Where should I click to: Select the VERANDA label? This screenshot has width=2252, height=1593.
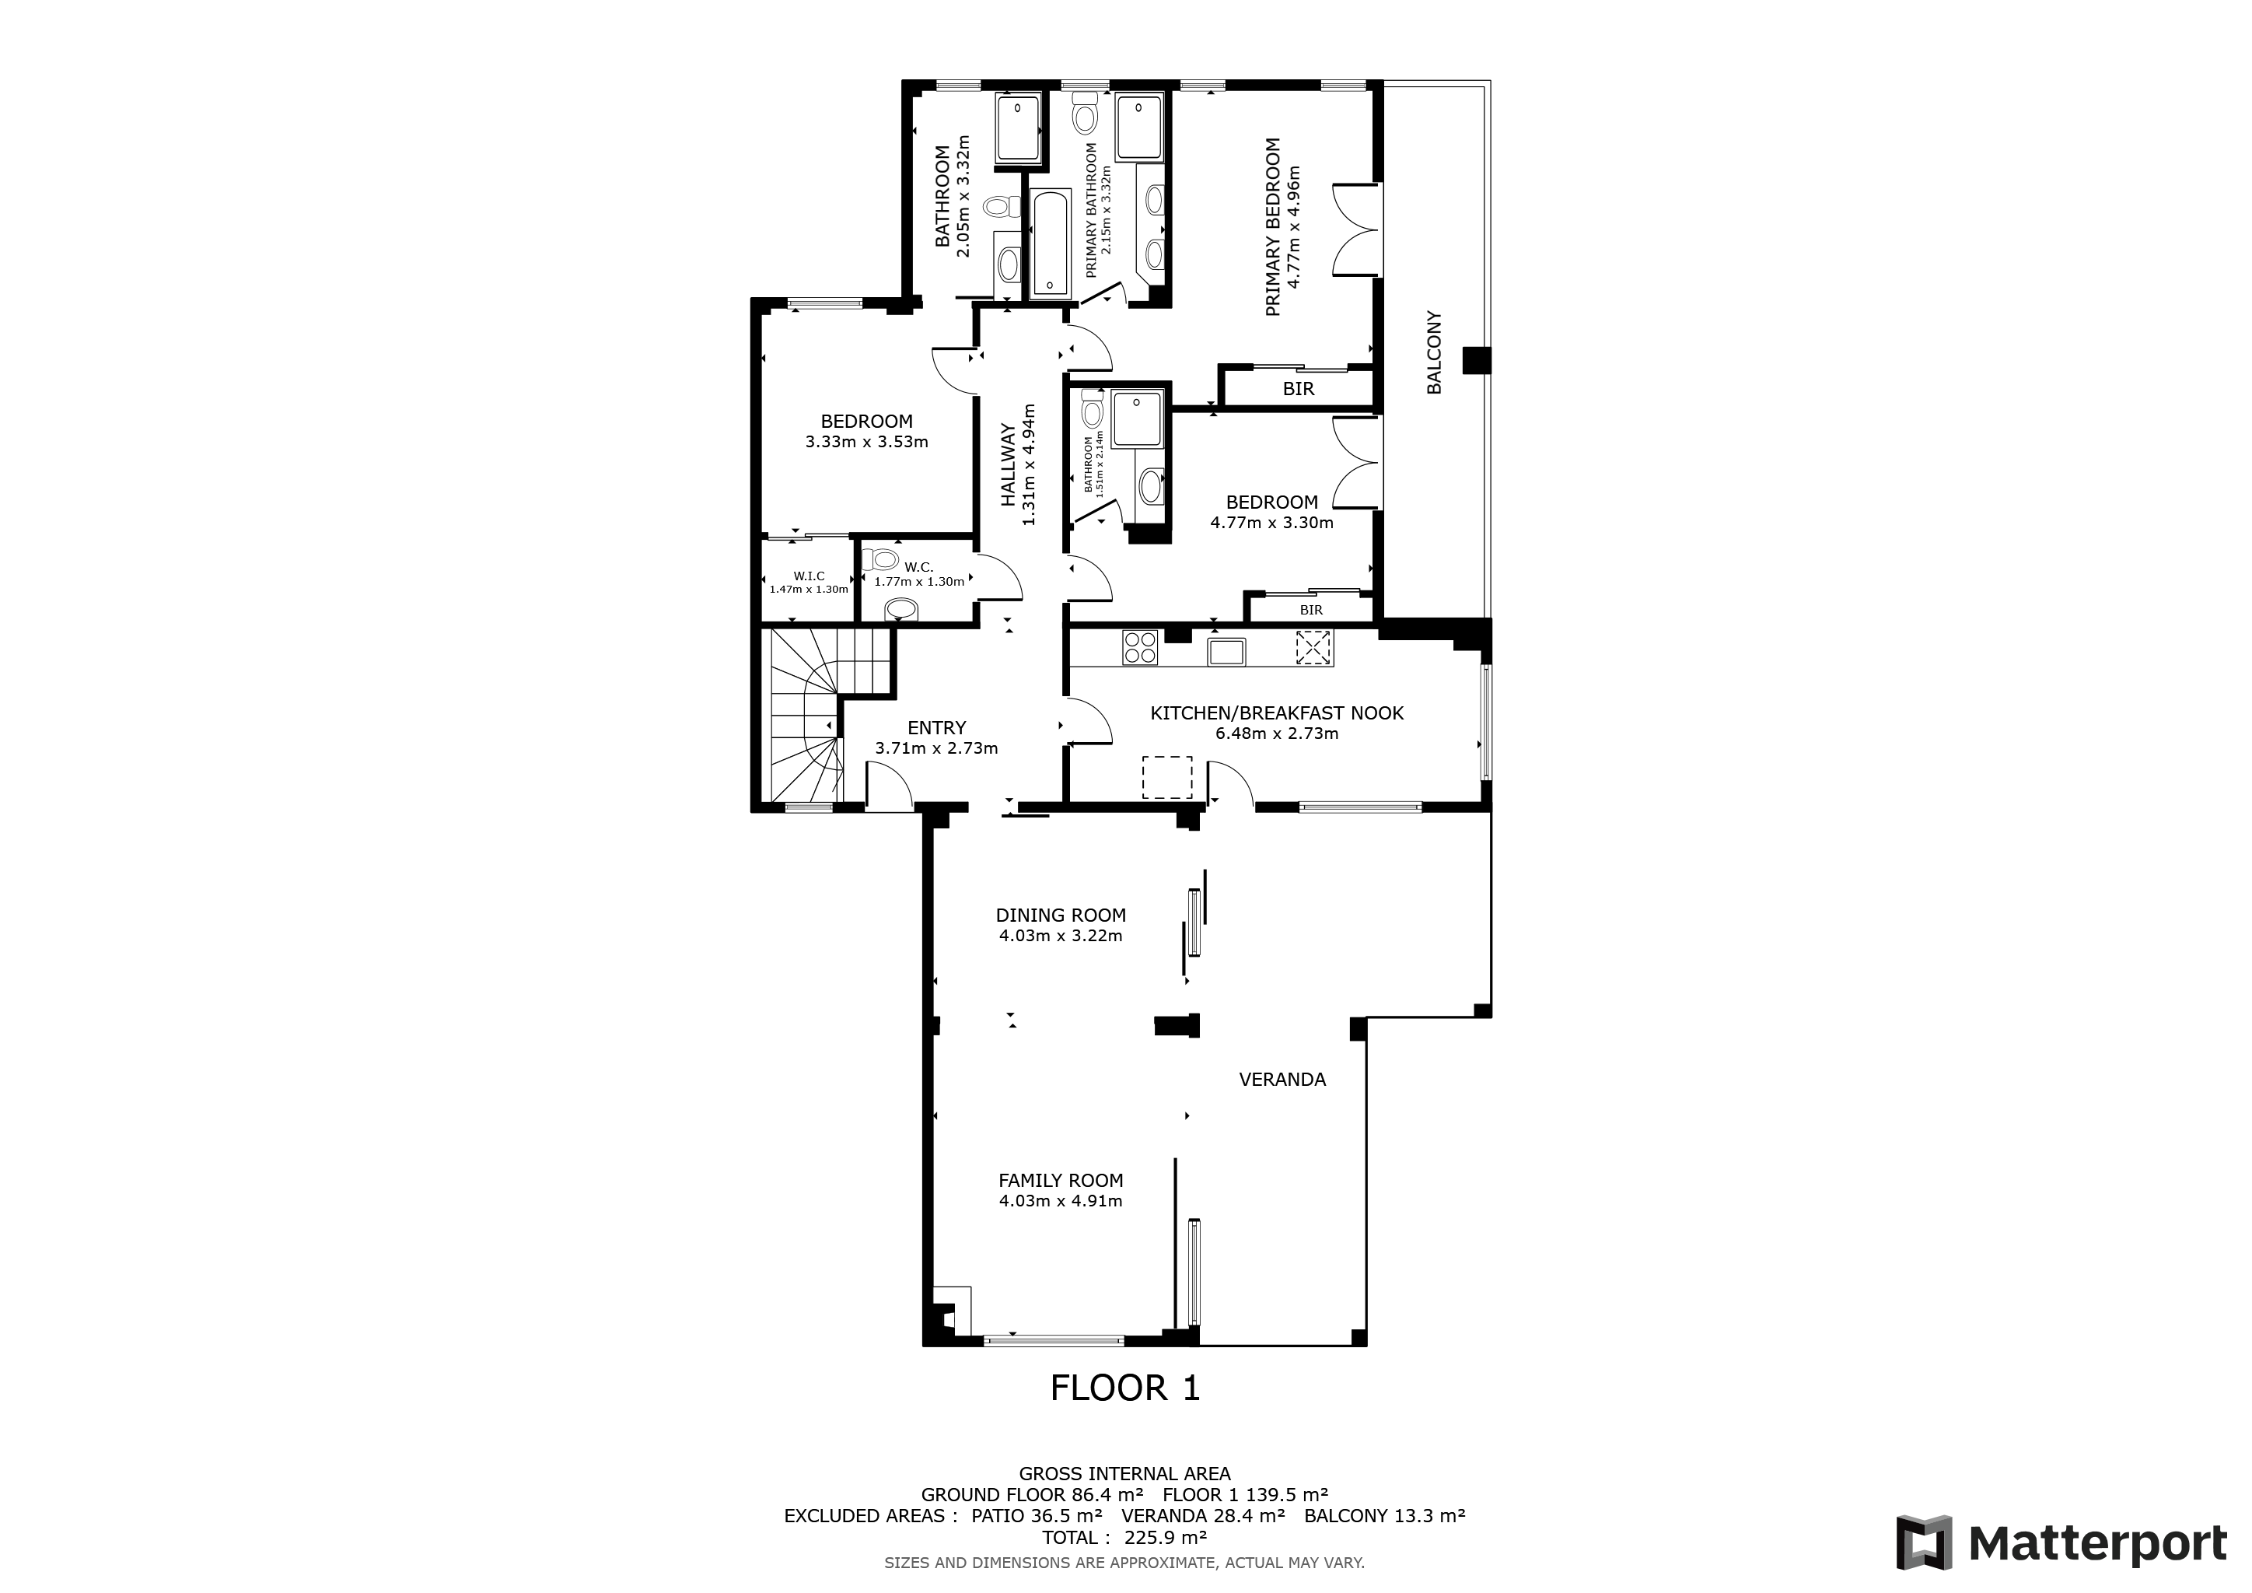[1282, 1079]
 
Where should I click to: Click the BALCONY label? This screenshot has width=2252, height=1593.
[1434, 353]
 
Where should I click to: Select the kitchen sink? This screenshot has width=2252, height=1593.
[1226, 651]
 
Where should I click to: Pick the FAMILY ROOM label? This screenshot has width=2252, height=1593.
[1060, 1181]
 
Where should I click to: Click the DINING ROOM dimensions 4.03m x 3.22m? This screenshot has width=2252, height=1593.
[1060, 936]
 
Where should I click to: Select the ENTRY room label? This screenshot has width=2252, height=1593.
[937, 728]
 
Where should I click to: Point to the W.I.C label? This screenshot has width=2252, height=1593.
[810, 576]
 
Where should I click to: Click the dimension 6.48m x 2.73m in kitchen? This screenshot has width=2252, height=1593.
[1276, 733]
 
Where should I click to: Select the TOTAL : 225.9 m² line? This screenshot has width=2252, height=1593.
[1124, 1537]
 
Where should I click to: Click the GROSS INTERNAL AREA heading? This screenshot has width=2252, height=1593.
[1124, 1473]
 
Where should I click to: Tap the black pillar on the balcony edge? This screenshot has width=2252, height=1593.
[1476, 360]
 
